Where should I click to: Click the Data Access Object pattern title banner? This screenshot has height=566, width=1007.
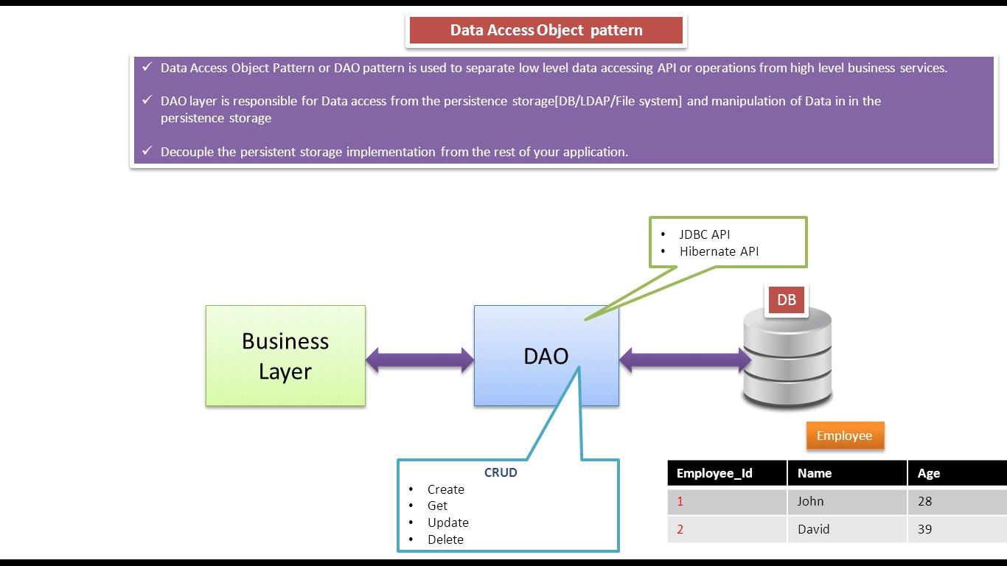tap(546, 30)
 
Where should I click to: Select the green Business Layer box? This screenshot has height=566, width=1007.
tap(285, 356)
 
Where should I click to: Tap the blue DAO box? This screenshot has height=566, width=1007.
tap(546, 356)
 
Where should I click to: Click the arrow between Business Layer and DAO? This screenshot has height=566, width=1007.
tap(419, 360)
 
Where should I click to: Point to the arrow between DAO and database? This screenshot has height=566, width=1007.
tap(685, 360)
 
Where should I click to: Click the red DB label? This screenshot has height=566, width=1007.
tap(787, 300)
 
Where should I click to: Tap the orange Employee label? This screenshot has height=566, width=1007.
tap(844, 436)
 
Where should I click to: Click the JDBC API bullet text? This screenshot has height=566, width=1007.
tap(704, 234)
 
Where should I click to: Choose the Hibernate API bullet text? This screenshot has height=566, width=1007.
tap(719, 251)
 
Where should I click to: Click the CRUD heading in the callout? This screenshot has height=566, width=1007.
tap(501, 472)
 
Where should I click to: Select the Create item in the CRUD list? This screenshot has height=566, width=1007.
tap(445, 489)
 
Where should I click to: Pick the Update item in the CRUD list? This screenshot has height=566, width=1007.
tap(447, 523)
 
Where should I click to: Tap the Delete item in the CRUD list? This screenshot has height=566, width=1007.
tap(445, 539)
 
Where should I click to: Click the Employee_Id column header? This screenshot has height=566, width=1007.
tap(714, 473)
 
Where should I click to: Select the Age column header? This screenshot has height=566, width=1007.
tap(928, 473)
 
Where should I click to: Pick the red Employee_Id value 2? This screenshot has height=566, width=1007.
tap(680, 529)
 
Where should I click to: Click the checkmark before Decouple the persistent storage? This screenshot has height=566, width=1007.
tap(147, 151)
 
